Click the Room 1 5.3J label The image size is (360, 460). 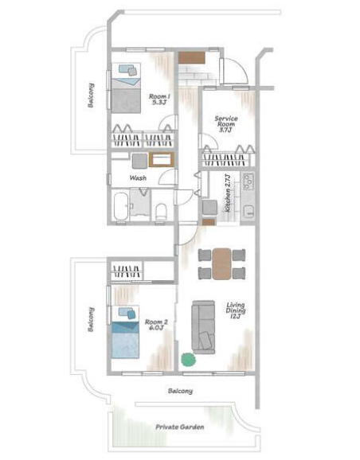pos(159,99)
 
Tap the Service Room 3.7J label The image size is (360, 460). pos(226,124)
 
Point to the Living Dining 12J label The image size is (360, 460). pos(236,310)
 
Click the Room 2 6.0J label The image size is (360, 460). pos(156,325)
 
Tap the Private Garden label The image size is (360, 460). pos(180,427)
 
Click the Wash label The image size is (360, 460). pos(138,177)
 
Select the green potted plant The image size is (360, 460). pos(188,359)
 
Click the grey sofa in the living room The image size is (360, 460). pos(203,327)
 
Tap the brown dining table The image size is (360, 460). pos(221,263)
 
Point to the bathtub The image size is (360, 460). pos(121,206)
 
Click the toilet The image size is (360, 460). pos(161,212)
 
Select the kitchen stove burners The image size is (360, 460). pos(248,181)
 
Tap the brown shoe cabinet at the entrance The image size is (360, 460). pos(191,57)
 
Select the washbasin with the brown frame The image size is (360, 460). pos(162,160)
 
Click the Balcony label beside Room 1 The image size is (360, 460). pos(91,96)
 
